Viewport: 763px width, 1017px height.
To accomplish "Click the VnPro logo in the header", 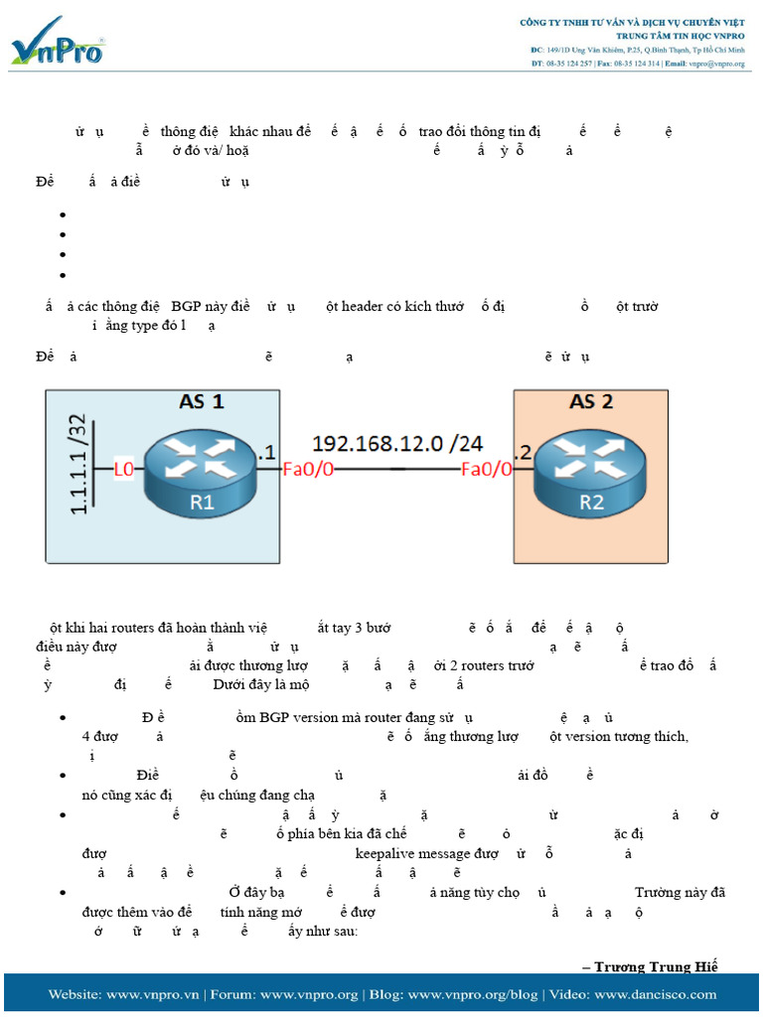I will (x=58, y=42).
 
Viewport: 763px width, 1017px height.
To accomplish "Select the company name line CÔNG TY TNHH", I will (x=632, y=22).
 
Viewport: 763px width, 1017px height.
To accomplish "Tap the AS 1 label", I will (x=202, y=402).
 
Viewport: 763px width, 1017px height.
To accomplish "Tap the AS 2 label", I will (x=590, y=402).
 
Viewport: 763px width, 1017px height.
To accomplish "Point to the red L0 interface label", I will (x=124, y=470).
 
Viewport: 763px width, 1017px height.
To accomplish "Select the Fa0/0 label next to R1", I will (x=309, y=470).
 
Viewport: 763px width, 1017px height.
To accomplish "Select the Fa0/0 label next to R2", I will (x=487, y=470).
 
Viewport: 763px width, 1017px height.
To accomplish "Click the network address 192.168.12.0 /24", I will (x=397, y=443).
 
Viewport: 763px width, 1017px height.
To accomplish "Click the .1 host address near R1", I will (x=266, y=452).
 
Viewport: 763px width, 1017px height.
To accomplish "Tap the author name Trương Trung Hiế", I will (x=655, y=966).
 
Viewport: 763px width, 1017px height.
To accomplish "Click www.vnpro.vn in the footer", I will (x=153, y=994).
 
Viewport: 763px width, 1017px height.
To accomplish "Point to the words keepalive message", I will (x=418, y=853).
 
